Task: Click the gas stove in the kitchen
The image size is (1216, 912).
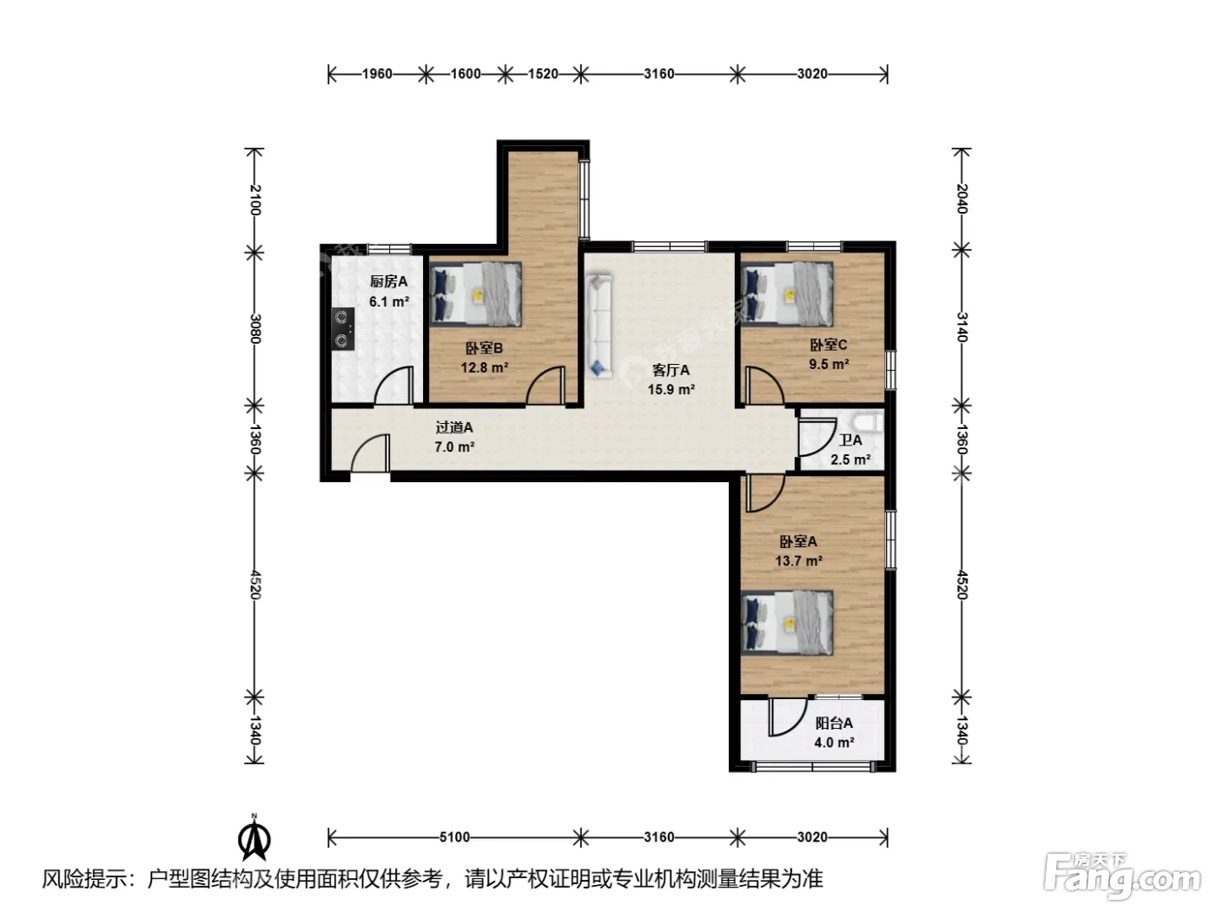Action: (343, 329)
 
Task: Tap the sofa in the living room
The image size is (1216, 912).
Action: (598, 327)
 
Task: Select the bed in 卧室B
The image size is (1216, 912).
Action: (476, 294)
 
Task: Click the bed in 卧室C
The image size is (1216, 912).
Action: (787, 294)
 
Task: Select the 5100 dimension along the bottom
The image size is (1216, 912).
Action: (454, 837)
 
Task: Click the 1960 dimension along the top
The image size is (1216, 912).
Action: (377, 74)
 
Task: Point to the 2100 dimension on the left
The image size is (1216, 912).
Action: (254, 200)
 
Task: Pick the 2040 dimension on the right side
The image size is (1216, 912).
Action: (962, 198)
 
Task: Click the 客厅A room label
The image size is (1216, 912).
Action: (671, 369)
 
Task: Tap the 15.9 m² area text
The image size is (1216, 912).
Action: (671, 389)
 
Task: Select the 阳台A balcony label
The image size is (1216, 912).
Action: (834, 724)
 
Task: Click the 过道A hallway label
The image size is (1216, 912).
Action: (454, 427)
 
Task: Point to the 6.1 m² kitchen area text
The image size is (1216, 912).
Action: (389, 301)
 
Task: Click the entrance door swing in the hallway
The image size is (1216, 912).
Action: (371, 453)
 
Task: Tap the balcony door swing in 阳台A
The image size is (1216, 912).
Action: (787, 717)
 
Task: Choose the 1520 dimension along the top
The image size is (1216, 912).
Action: (543, 74)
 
